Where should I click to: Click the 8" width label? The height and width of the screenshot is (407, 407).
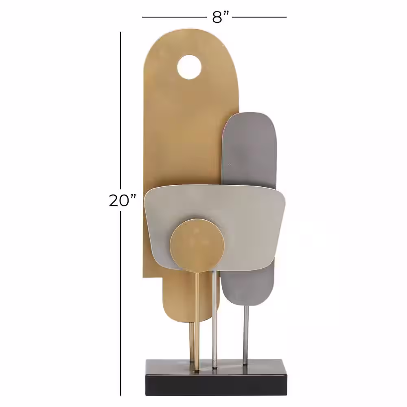pos(220,17)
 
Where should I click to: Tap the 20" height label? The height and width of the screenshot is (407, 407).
pos(123,200)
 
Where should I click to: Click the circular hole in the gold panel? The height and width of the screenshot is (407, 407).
pos(189,67)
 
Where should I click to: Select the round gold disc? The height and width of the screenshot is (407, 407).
pos(197,245)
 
